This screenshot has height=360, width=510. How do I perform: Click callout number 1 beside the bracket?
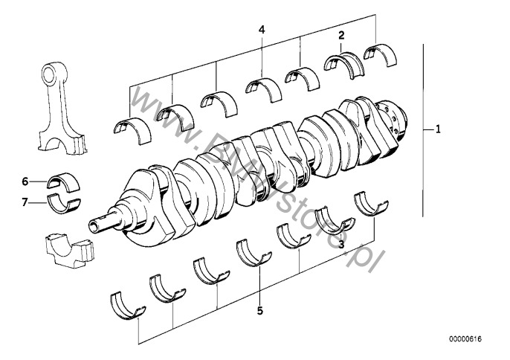[439, 129]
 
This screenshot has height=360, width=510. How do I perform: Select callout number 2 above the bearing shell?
[341, 35]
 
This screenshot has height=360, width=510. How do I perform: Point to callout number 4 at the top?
[261, 29]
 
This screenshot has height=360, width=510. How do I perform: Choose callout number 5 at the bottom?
[259, 311]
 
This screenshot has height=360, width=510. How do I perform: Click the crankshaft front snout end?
[95, 222]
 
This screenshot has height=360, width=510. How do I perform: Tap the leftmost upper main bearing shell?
[132, 126]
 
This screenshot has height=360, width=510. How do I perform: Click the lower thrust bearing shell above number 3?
[332, 219]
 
